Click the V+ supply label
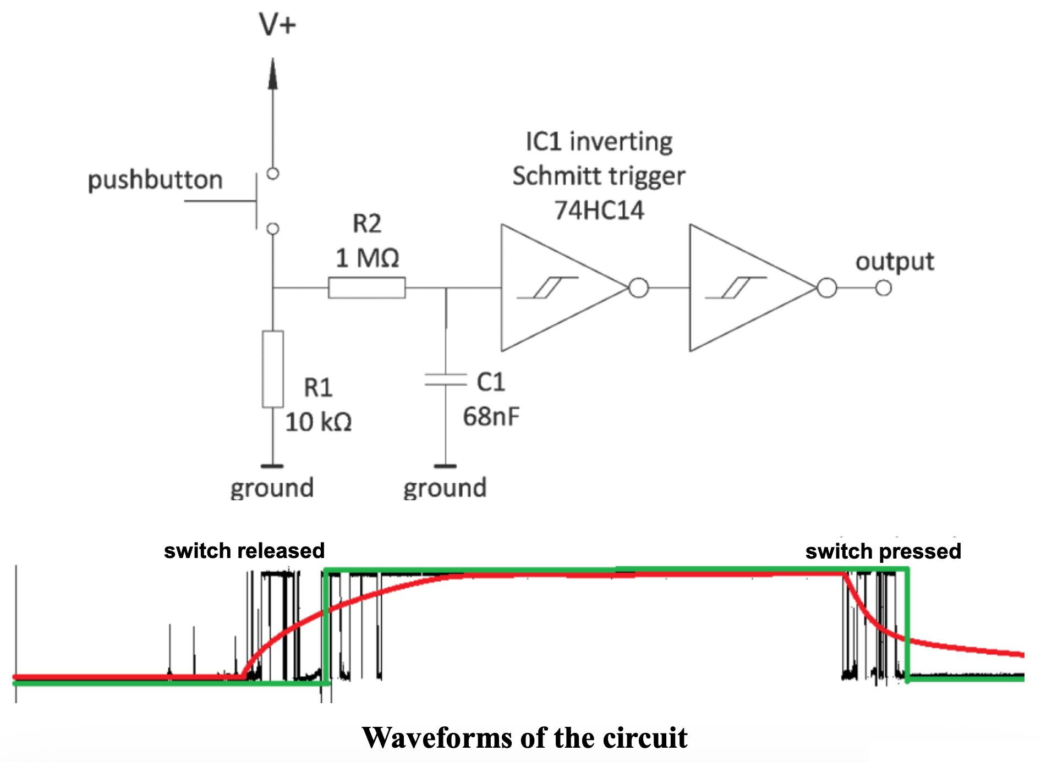point(277,25)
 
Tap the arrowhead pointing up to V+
point(273,74)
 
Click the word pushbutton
point(155,180)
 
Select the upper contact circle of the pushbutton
point(273,174)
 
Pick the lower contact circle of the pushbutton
point(273,228)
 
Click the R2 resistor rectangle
point(366,288)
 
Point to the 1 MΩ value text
point(367,258)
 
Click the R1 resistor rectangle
point(273,369)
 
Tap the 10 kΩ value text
point(318,422)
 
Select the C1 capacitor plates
point(445,379)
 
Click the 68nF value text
point(491,417)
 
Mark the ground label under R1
point(272,488)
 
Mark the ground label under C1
point(445,488)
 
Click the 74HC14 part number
point(599,211)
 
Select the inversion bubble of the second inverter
point(827,288)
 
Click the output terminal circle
point(884,288)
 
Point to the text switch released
point(244,551)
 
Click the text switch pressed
point(883,551)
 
